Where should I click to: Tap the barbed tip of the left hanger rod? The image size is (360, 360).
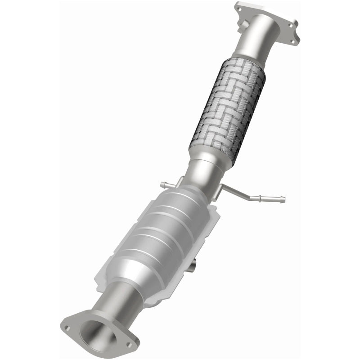point(162,184)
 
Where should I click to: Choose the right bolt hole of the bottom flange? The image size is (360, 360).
point(129,345)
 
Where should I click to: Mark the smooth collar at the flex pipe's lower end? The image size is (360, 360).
point(210,157)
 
